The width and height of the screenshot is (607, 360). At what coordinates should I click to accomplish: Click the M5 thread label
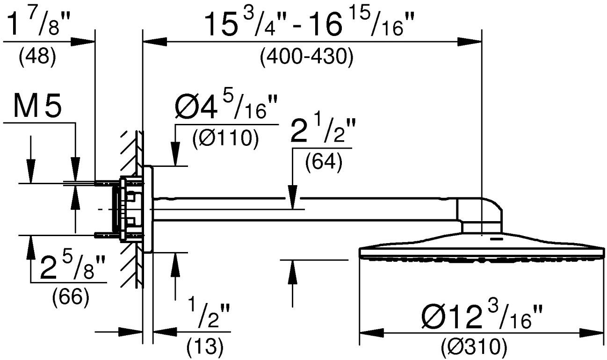coord(37,107)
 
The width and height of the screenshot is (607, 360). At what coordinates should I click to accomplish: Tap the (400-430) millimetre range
coord(307,58)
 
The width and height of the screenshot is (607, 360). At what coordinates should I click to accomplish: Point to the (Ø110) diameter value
coord(226,138)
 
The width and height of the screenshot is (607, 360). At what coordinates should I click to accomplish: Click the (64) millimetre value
coord(324,163)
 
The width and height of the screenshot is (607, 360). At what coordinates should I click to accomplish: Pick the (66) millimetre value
coord(71,298)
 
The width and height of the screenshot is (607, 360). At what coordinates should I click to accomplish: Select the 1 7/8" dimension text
coord(38,24)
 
